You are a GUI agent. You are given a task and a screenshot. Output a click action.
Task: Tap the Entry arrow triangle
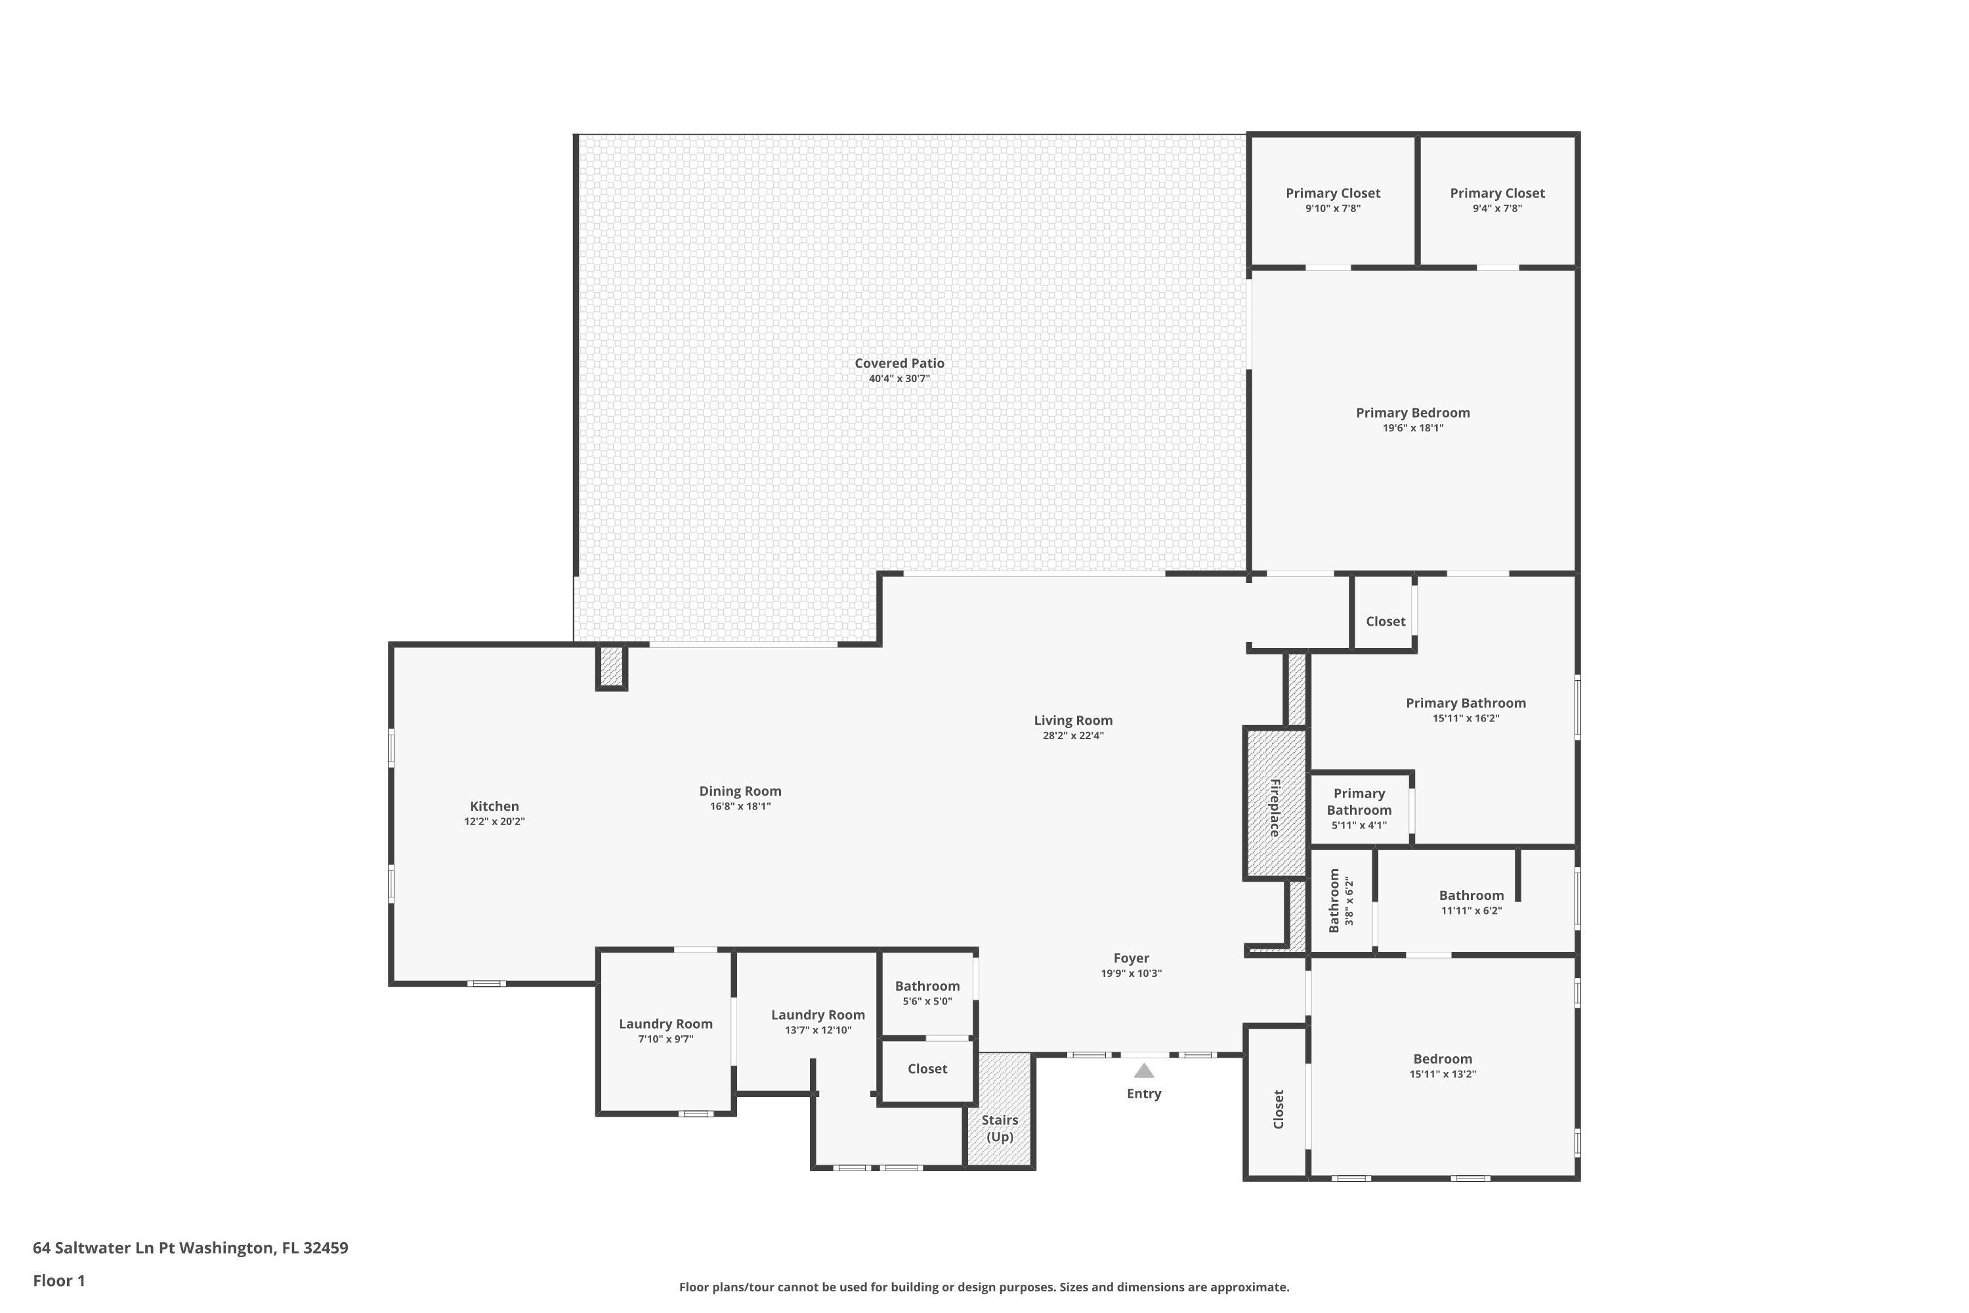(1143, 1071)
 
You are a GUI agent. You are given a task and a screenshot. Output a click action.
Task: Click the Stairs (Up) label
(1000, 1128)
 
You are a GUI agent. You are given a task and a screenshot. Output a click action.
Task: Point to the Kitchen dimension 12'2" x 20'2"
(494, 821)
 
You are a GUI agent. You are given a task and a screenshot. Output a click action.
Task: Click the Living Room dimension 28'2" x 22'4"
(1072, 736)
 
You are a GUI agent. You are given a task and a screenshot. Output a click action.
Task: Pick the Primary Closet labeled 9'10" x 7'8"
(1333, 200)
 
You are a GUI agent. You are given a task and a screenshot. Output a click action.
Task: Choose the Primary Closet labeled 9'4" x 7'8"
(1497, 200)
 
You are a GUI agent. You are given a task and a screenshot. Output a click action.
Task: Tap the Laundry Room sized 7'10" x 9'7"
(666, 1030)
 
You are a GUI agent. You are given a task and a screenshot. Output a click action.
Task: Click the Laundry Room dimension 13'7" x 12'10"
(818, 1030)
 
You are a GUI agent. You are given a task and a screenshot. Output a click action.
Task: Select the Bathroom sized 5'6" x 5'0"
(927, 992)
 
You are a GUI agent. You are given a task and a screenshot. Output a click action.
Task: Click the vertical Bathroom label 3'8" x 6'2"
(1340, 900)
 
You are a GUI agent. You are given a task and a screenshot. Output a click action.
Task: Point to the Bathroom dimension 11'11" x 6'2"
(1471, 911)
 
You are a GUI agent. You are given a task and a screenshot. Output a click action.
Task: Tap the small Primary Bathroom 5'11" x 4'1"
(1359, 808)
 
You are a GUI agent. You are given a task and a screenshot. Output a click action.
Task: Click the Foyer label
(1131, 958)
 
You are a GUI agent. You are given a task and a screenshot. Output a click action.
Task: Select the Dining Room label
(740, 790)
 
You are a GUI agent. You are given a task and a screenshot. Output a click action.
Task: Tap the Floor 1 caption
(58, 1280)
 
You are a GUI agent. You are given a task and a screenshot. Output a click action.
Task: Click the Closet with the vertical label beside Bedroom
(1277, 1109)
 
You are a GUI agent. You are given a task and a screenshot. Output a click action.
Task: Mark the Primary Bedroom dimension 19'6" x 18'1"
(1412, 428)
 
